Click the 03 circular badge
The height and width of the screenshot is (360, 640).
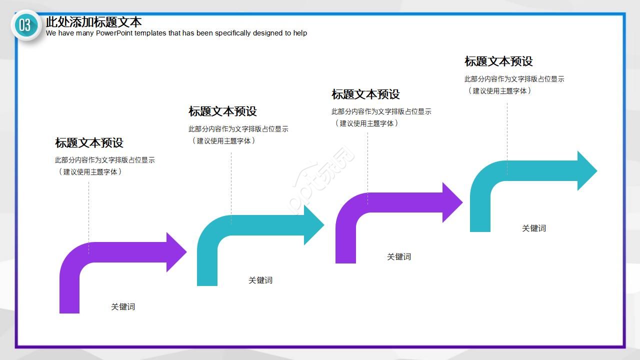point(25,25)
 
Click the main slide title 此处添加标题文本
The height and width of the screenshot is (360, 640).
point(93,22)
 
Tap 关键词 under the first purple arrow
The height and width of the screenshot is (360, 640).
point(123,306)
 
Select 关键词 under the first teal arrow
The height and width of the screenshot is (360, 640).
point(260,280)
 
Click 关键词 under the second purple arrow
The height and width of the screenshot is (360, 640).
point(398,256)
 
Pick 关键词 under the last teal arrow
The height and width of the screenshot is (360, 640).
point(534,228)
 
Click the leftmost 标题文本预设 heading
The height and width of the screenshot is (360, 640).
point(89,143)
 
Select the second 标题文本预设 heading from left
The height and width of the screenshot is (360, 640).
point(222,111)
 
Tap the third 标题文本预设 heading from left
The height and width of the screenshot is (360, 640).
point(365,94)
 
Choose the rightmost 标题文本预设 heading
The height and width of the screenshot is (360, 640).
point(498,61)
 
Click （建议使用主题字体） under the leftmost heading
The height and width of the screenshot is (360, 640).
point(90,171)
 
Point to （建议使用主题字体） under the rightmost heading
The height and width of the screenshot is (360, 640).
point(499,90)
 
